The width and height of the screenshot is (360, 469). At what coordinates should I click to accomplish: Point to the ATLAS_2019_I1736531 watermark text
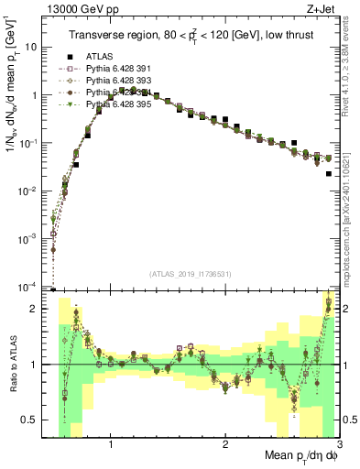pyautogui.click(x=190, y=274)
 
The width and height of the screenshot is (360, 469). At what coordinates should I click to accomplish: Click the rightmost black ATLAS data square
pyautogui.click(x=328, y=173)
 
